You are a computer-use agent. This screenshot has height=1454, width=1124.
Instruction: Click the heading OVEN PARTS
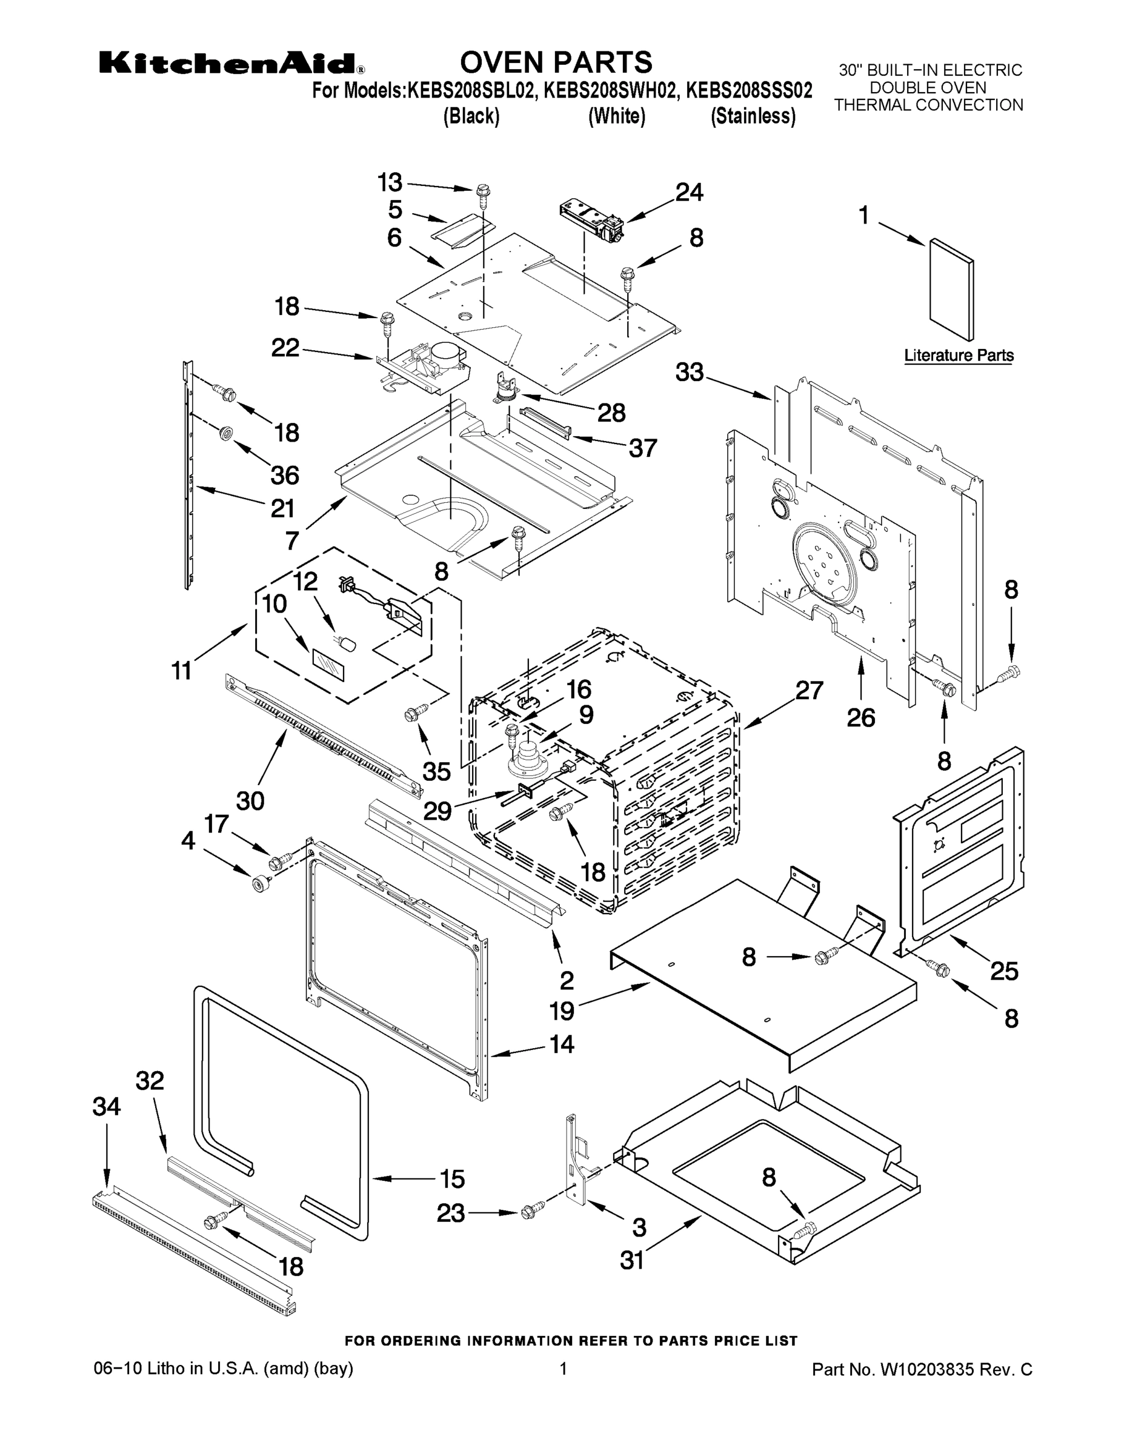[x=556, y=62]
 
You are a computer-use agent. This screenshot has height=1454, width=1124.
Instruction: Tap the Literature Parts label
[x=958, y=356]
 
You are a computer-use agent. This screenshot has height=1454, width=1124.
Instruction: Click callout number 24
[x=689, y=193]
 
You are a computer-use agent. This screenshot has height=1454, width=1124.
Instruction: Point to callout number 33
[x=689, y=372]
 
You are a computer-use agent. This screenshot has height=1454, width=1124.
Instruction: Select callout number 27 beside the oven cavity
[x=809, y=691]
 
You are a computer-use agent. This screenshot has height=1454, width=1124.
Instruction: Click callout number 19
[x=561, y=1011]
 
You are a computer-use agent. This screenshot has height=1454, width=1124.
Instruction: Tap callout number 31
[x=632, y=1260]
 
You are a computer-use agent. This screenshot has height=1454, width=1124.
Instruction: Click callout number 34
[x=107, y=1106]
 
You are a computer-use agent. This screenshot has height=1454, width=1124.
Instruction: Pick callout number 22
[x=285, y=348]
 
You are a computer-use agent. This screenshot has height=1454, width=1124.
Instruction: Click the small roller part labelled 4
[x=257, y=884]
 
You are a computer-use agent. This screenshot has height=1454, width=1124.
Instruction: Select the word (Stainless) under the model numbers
[x=753, y=116]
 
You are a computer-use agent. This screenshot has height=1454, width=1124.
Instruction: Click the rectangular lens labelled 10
[x=329, y=665]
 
